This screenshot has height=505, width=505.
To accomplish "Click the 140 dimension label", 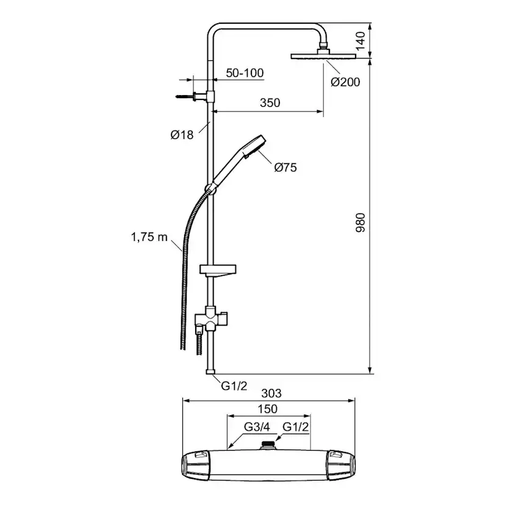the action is point(360,41).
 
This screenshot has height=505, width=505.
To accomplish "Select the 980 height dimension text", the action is point(360,223).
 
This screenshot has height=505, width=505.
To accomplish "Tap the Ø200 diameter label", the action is point(345,82).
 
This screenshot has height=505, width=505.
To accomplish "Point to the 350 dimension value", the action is point(270,102).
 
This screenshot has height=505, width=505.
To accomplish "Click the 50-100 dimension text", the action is point(245,73).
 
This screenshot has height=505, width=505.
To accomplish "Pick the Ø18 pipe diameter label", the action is point(182,135).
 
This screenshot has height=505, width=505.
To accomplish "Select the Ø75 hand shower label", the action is point(285,168).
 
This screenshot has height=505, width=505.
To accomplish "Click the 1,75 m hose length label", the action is point(149,237).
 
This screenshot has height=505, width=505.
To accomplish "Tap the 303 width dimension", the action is point(271,393).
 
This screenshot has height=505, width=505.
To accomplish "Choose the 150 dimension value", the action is point(267,409).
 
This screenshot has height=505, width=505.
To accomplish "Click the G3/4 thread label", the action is point(257,427).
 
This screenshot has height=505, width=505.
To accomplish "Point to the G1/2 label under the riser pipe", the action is point(234,385).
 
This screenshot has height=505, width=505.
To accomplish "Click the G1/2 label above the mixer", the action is point(295,427).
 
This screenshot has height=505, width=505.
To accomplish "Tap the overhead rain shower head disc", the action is point(323,56).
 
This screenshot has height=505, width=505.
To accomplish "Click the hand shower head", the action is point(254,146).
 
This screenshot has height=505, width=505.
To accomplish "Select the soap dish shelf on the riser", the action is point(218,271).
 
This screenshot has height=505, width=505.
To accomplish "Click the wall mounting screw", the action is point(184,96).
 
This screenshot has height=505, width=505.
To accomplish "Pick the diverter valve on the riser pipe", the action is point(211,319).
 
